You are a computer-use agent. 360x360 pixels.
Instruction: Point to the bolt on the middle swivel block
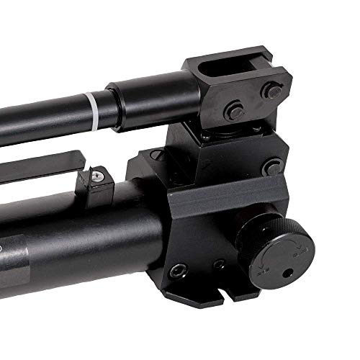click(x=272, y=168)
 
